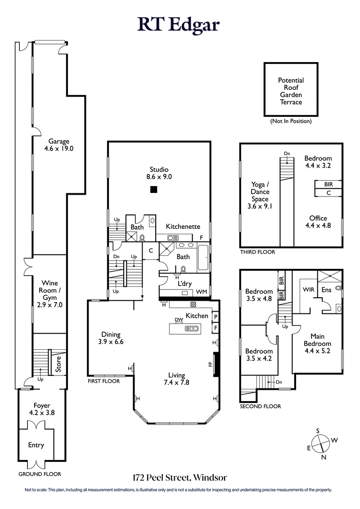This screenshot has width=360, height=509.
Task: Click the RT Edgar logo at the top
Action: click(x=179, y=24)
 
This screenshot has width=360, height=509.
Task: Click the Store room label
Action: click(x=58, y=364)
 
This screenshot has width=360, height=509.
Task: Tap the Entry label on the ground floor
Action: click(x=36, y=445)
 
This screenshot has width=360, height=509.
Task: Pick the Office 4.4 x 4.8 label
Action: click(x=318, y=222)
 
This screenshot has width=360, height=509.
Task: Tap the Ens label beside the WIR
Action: click(x=326, y=290)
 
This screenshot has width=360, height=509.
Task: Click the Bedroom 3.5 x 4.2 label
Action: click(x=259, y=355)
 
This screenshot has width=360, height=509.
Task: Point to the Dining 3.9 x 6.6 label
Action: click(x=111, y=338)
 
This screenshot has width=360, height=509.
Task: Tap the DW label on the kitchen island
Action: click(x=178, y=320)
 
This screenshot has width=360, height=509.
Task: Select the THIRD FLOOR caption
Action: click(x=257, y=252)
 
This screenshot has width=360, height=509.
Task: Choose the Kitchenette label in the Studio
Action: click(x=183, y=227)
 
